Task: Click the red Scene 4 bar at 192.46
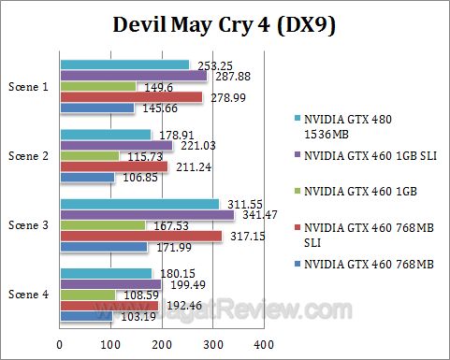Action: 109,305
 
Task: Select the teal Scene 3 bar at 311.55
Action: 139,203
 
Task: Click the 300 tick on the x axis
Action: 212,343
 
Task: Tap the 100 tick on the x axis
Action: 110,343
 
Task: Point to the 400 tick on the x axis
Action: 263,343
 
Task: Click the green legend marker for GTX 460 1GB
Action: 298,193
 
